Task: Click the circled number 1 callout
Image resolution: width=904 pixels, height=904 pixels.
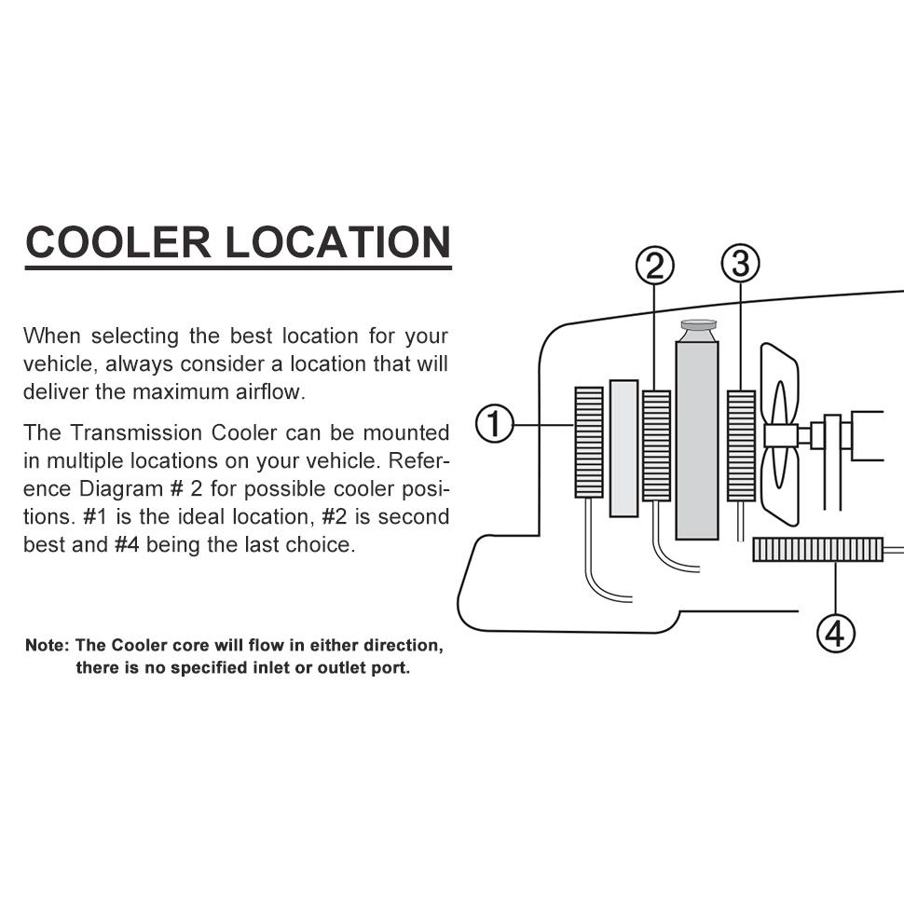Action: (495, 425)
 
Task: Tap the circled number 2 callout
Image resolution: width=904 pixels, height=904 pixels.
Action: (654, 267)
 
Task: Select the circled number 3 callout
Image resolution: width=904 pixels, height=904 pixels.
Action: (741, 265)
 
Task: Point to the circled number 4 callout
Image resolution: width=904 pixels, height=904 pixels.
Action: (835, 634)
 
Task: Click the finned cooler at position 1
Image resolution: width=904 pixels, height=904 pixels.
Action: (589, 442)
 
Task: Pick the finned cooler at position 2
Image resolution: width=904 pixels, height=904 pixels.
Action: (656, 445)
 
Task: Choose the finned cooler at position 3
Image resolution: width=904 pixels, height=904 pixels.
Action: (741, 445)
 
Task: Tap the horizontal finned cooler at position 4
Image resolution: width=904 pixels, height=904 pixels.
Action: (817, 550)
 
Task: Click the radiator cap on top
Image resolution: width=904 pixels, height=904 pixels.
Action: (698, 329)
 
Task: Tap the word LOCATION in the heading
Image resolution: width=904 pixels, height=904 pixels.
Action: (338, 242)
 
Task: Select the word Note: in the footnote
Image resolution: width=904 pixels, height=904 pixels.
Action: (47, 645)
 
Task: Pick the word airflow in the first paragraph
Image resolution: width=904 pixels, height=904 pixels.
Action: (266, 391)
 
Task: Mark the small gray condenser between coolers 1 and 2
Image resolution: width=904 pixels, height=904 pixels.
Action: (623, 447)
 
